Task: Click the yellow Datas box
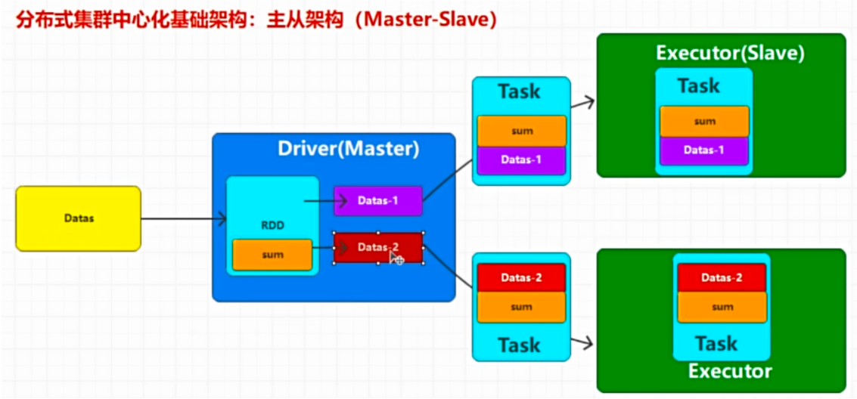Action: click(x=78, y=218)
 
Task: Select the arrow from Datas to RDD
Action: click(x=182, y=219)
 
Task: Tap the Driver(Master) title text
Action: click(x=348, y=149)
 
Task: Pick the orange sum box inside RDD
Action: click(x=272, y=255)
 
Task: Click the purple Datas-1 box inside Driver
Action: click(x=377, y=201)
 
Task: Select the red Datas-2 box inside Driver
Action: click(x=377, y=248)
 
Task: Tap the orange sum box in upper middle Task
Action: click(x=521, y=131)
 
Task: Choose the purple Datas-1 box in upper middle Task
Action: click(x=521, y=160)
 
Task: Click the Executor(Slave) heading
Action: click(x=730, y=53)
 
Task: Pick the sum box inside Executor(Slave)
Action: click(x=703, y=121)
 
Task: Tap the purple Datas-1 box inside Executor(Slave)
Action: click(x=703, y=150)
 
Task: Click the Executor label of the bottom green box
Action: click(x=730, y=371)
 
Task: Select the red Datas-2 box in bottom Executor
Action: click(x=722, y=278)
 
